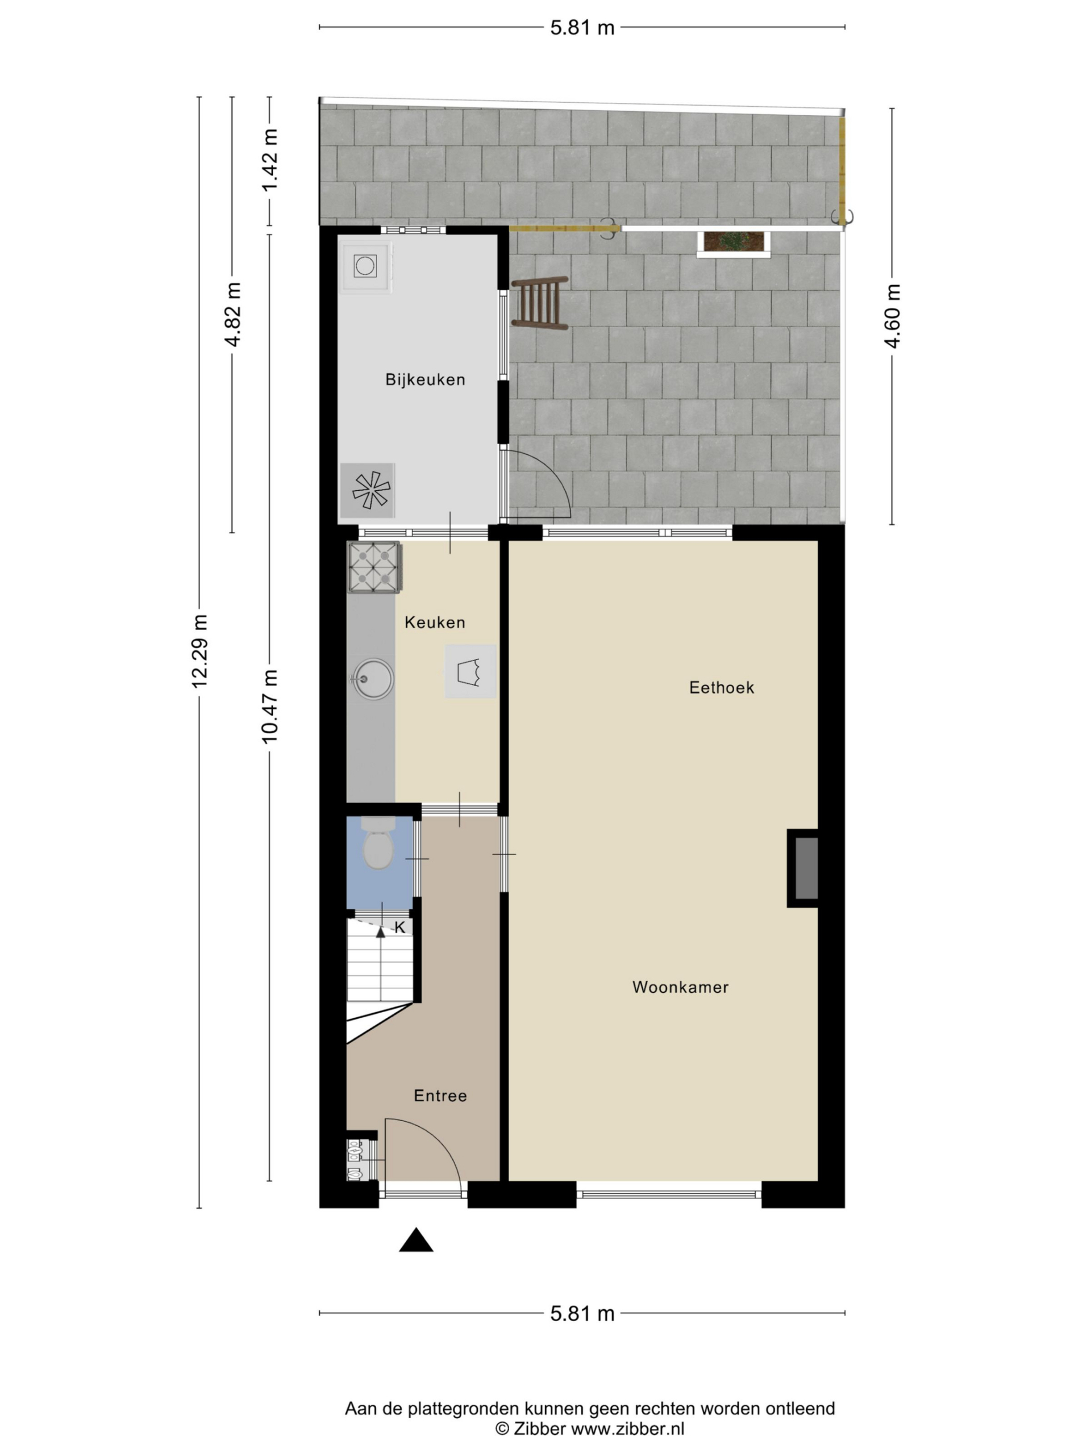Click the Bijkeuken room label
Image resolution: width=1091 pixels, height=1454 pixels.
tap(425, 379)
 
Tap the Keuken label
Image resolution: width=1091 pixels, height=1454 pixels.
tap(435, 622)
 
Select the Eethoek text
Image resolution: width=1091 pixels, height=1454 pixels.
tap(722, 688)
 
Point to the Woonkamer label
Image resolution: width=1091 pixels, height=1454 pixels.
tap(680, 987)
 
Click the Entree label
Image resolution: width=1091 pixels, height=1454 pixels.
tap(440, 1095)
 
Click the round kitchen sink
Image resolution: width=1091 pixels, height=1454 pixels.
tap(373, 678)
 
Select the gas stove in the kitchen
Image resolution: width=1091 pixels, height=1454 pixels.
tap(374, 567)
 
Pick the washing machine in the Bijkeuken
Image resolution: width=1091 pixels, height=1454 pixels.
tap(365, 266)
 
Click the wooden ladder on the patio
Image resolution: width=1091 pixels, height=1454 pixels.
tap(540, 302)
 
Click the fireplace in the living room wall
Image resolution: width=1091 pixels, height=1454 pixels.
tap(803, 868)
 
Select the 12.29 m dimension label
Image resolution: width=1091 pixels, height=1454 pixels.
tap(199, 651)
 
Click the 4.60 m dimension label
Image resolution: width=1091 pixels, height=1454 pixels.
tap(892, 316)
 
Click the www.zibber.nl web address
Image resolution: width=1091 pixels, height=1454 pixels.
tap(627, 1428)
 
